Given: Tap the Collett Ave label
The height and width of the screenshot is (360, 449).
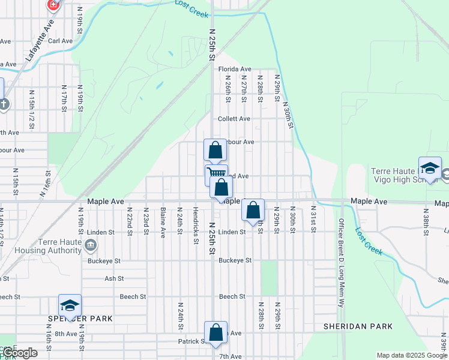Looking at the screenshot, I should tap(234, 119).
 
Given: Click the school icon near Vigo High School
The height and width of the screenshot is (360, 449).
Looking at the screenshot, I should tap(430, 169).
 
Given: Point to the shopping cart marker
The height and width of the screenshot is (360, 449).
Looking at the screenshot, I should tap(216, 174).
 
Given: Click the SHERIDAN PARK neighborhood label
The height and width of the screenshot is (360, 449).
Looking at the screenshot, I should tap(358, 326).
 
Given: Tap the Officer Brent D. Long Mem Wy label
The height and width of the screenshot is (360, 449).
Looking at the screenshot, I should tap(340, 254).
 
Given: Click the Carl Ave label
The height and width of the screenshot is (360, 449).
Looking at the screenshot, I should tap(60, 41).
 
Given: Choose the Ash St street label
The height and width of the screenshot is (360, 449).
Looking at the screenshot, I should tap(114, 278).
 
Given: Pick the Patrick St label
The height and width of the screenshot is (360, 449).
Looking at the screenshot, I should tap(192, 341).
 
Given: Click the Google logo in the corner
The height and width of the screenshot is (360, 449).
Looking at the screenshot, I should tap(20, 353).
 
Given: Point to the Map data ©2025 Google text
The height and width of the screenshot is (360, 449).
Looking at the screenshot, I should tap(411, 355).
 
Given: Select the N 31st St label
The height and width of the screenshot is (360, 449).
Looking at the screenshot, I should tap(313, 220).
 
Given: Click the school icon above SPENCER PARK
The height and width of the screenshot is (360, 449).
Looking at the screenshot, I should tap(70, 305).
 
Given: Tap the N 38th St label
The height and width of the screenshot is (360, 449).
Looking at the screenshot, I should tap(426, 220).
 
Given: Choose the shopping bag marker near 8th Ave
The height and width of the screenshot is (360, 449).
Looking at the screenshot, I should tap(215, 332).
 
